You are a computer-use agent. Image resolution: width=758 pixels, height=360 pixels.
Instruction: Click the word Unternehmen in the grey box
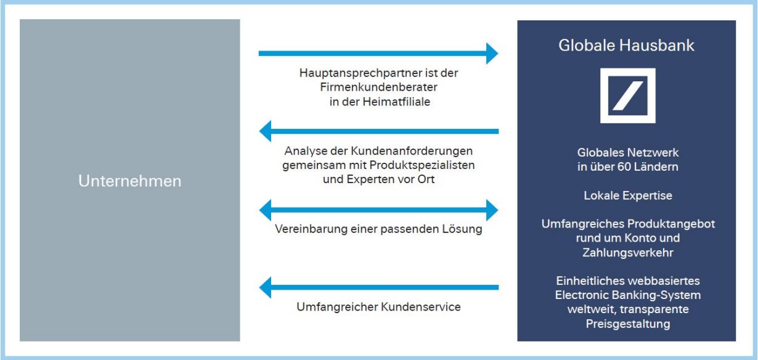[x=130, y=181]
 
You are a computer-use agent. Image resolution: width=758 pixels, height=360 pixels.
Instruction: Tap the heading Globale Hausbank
[x=626, y=46]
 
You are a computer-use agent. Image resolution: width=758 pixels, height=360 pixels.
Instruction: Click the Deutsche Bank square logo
[x=628, y=96]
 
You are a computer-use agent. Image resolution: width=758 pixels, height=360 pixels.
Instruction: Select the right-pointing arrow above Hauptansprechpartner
[x=378, y=54]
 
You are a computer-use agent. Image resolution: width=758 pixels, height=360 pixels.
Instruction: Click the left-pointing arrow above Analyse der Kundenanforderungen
[x=379, y=131]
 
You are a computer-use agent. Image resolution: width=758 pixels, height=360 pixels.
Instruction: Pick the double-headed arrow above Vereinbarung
[x=378, y=210]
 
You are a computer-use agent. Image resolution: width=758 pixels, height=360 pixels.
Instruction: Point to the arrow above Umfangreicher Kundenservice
[x=379, y=288]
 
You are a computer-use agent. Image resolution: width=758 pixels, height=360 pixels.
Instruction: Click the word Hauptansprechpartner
[x=354, y=73]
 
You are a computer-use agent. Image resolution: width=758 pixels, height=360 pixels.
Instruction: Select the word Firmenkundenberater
[x=378, y=88]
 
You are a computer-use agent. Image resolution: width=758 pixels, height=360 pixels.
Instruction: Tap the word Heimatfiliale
[x=396, y=102]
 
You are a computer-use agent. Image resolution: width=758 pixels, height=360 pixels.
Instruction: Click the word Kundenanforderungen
[x=412, y=151]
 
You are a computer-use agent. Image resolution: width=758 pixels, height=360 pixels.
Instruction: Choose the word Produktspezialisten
[x=422, y=165]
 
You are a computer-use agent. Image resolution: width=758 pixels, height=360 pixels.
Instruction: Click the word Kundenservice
[x=421, y=307]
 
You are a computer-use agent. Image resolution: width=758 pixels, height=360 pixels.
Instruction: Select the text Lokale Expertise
[x=628, y=195]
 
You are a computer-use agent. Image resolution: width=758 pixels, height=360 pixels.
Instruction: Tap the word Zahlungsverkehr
[x=628, y=253]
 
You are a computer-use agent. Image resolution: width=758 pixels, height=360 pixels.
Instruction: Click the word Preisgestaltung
[x=628, y=324]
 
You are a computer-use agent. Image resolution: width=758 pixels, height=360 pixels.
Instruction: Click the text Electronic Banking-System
[x=628, y=295]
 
